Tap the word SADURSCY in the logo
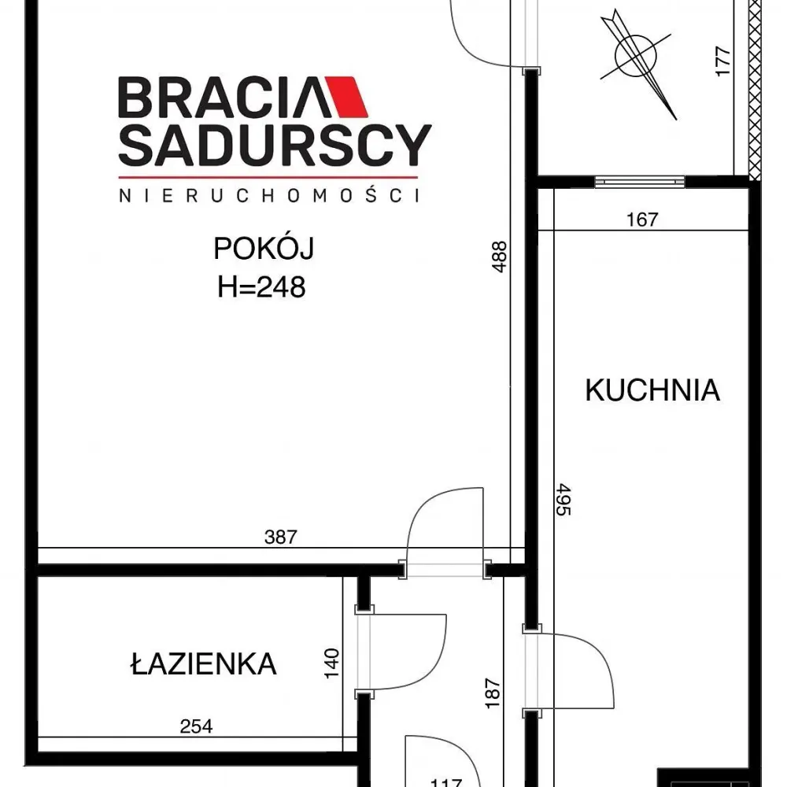275,146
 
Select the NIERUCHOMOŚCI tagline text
269,195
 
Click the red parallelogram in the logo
347,97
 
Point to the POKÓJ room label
264,247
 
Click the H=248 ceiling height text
261,287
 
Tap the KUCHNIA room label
652,390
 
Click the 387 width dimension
281,537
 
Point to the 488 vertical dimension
500,257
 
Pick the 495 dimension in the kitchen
563,500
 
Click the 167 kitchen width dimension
642,220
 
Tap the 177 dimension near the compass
722,61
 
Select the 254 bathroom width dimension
196,726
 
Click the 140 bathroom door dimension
332,663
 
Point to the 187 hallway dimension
493,693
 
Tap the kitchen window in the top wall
639,182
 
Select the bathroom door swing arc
436,662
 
